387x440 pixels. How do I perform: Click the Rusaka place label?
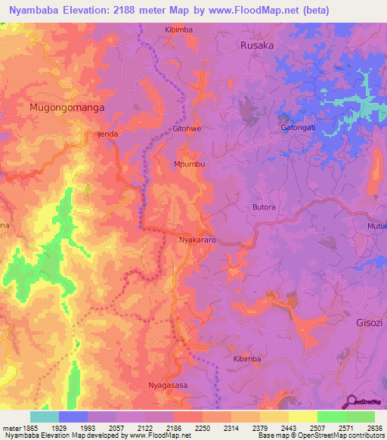(x=255, y=45)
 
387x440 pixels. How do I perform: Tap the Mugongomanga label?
(x=67, y=108)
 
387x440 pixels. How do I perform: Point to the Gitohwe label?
(x=187, y=129)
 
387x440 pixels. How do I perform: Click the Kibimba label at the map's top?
(x=179, y=29)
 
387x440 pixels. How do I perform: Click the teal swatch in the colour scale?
(x=45, y=417)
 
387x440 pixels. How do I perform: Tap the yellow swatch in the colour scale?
(x=302, y=417)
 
